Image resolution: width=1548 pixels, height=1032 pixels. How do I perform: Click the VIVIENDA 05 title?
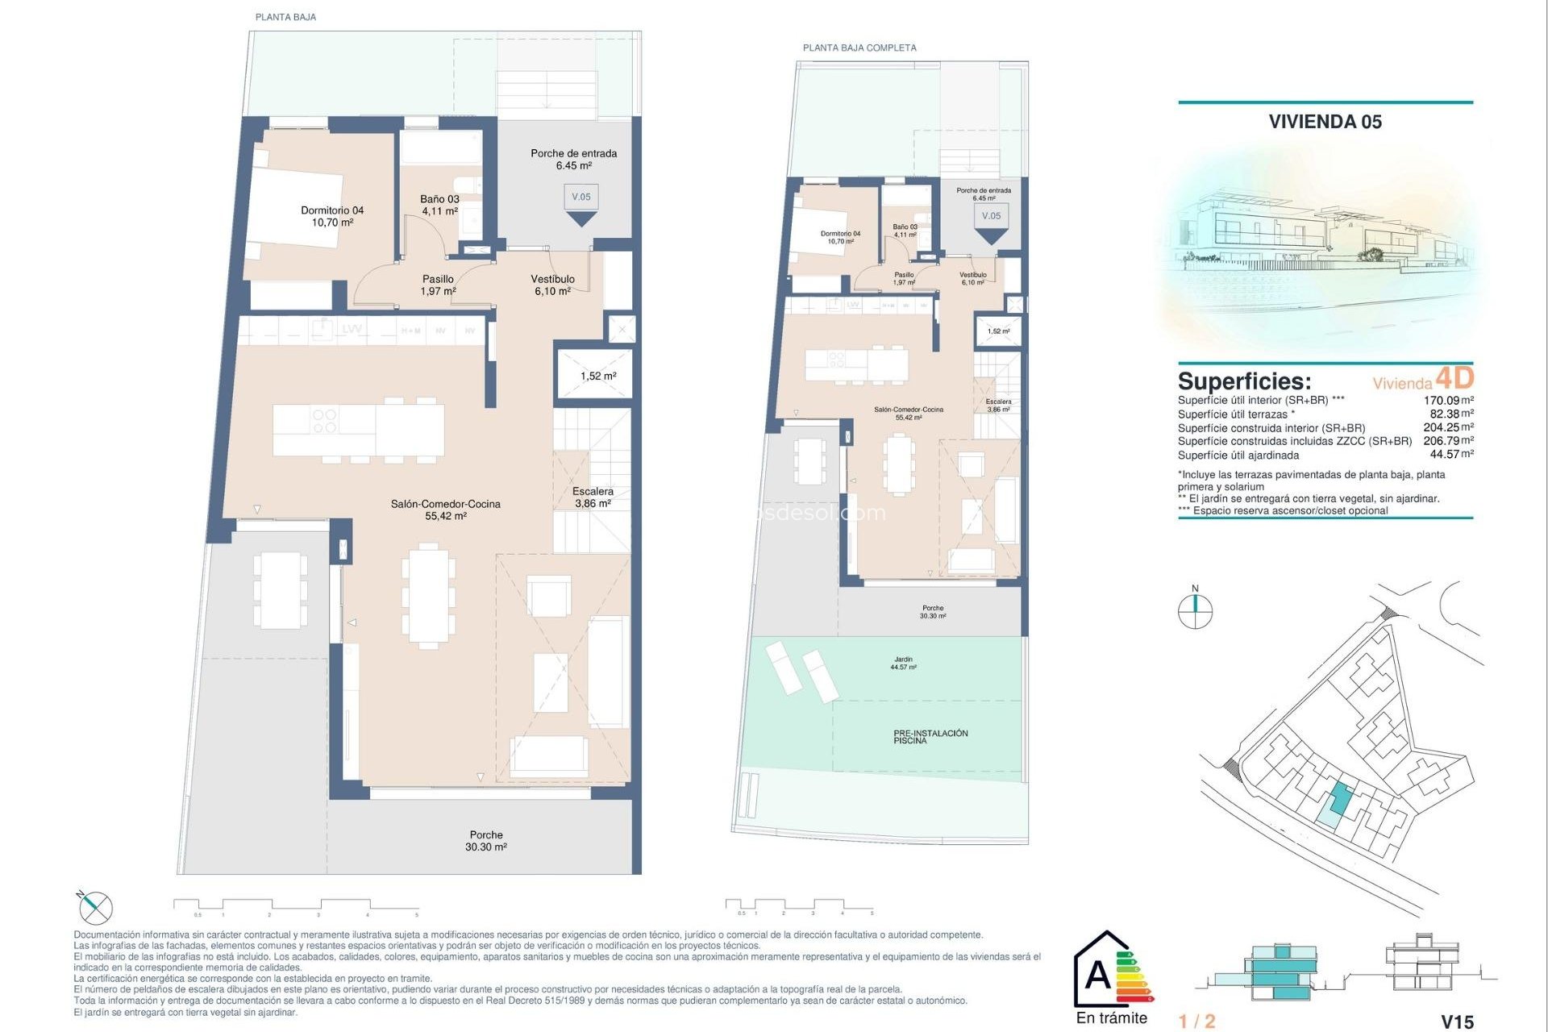(x=1325, y=122)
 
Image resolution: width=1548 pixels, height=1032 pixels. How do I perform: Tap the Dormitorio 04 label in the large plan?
(x=332, y=216)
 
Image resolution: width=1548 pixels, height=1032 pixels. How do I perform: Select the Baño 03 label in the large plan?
(x=439, y=205)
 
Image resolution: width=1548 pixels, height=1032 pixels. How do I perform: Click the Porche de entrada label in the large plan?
(x=573, y=159)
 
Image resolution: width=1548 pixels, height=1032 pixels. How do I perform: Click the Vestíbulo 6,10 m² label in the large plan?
(x=552, y=285)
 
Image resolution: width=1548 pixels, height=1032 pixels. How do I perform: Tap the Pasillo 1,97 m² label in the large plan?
(x=438, y=285)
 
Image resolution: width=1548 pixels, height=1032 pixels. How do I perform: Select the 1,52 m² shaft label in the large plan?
(x=597, y=377)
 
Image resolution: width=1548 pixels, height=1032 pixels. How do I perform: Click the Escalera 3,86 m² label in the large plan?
(x=593, y=497)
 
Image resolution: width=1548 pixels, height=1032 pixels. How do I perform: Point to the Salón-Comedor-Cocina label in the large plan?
(x=445, y=510)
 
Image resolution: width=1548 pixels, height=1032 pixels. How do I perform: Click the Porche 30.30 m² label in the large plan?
(x=485, y=841)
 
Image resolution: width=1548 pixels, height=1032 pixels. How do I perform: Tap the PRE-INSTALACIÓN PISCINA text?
(x=930, y=737)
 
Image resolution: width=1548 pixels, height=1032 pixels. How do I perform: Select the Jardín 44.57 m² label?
(x=903, y=664)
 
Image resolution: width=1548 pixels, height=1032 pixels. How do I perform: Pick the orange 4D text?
(x=1454, y=378)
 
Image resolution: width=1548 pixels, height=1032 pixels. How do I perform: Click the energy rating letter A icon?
(x=1098, y=975)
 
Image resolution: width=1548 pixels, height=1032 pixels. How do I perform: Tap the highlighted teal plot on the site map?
(x=1338, y=798)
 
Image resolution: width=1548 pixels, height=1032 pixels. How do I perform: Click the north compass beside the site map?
(x=1195, y=610)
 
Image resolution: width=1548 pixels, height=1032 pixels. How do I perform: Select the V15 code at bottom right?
(x=1456, y=1022)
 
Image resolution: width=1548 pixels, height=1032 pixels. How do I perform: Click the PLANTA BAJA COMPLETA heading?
(x=859, y=48)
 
